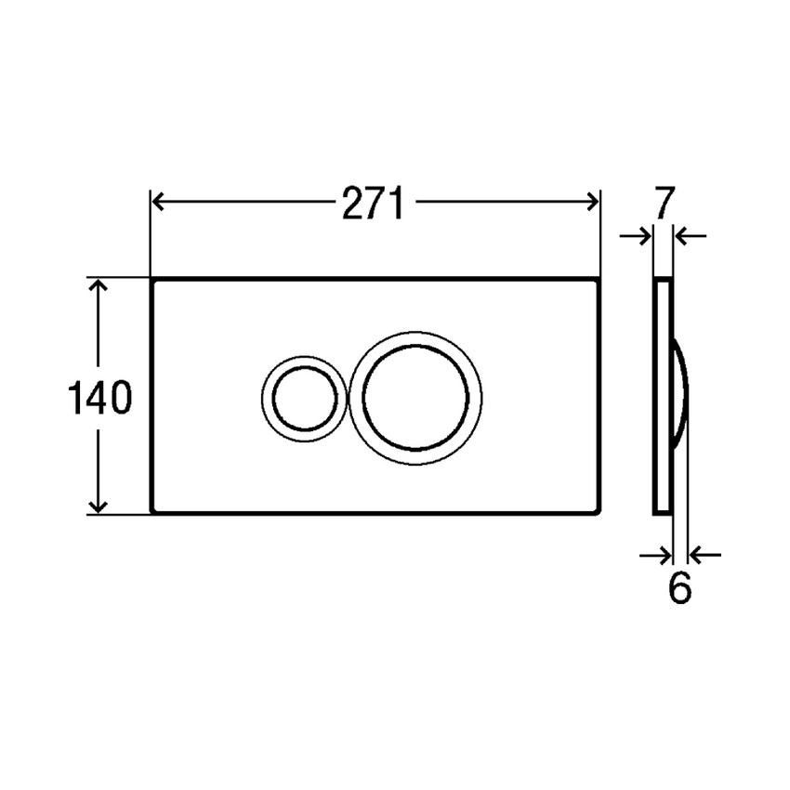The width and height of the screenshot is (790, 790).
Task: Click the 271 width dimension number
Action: point(373,203)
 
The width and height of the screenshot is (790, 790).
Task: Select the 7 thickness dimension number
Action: point(662,204)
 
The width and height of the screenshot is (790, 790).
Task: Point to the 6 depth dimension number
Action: point(680,588)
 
